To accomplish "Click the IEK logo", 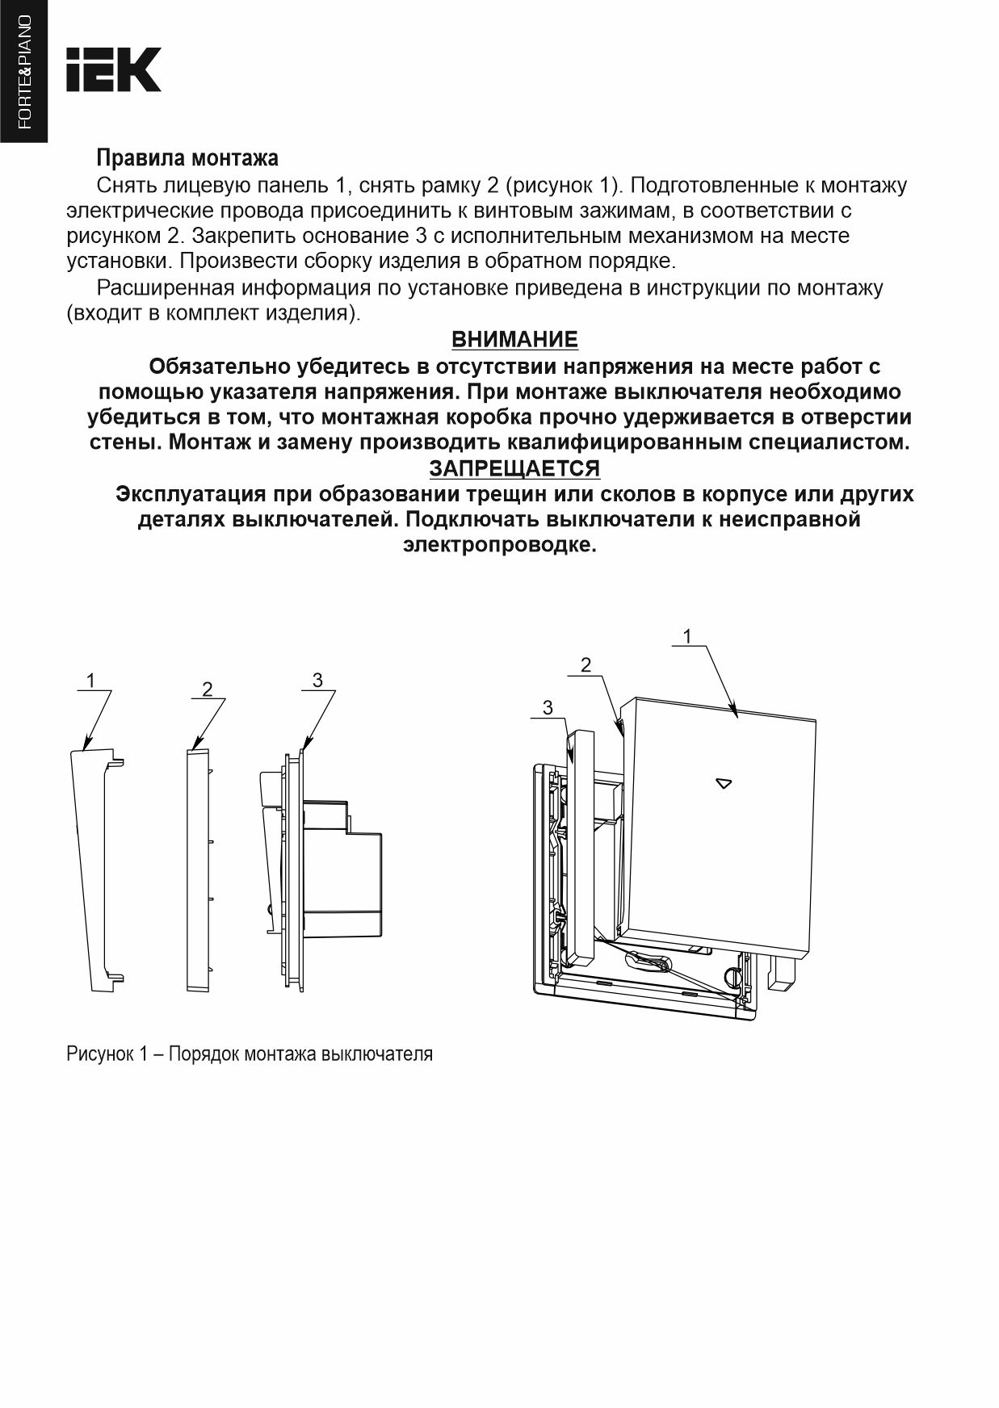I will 114,69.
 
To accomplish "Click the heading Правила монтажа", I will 187,157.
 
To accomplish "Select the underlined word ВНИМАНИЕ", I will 514,339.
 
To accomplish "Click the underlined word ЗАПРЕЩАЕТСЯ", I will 514,468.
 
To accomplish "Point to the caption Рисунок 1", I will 250,1054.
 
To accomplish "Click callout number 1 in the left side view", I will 90,681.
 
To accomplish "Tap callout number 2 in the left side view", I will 208,689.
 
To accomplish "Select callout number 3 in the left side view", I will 317,681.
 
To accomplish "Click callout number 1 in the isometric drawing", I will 687,637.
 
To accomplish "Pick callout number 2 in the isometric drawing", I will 586,665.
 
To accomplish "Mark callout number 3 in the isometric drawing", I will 548,708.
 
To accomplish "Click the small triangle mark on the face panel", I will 724,783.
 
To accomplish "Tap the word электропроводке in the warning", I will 500,545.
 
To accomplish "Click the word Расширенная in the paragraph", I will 166,288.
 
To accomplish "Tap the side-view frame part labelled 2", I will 198,868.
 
